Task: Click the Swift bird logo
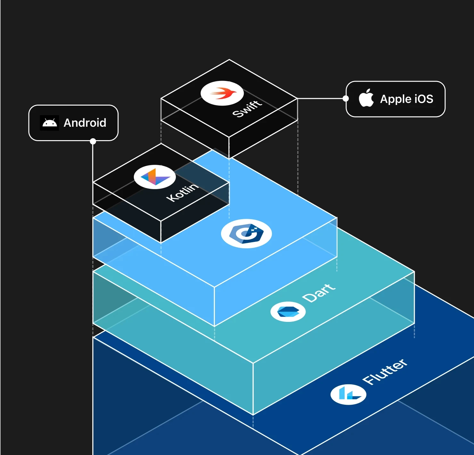222,93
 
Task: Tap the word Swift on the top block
247,108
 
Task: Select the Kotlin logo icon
155,177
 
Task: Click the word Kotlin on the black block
182,192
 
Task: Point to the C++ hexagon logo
246,233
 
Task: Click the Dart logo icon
288,311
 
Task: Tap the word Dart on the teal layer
319,293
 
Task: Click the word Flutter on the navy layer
385,371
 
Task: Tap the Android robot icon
50,123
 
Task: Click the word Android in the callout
85,123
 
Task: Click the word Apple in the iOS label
395,99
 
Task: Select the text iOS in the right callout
424,99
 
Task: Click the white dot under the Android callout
93,141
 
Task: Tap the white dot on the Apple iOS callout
346,99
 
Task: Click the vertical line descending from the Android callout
93,163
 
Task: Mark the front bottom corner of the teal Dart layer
253,415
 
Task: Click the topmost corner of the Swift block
229,60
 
